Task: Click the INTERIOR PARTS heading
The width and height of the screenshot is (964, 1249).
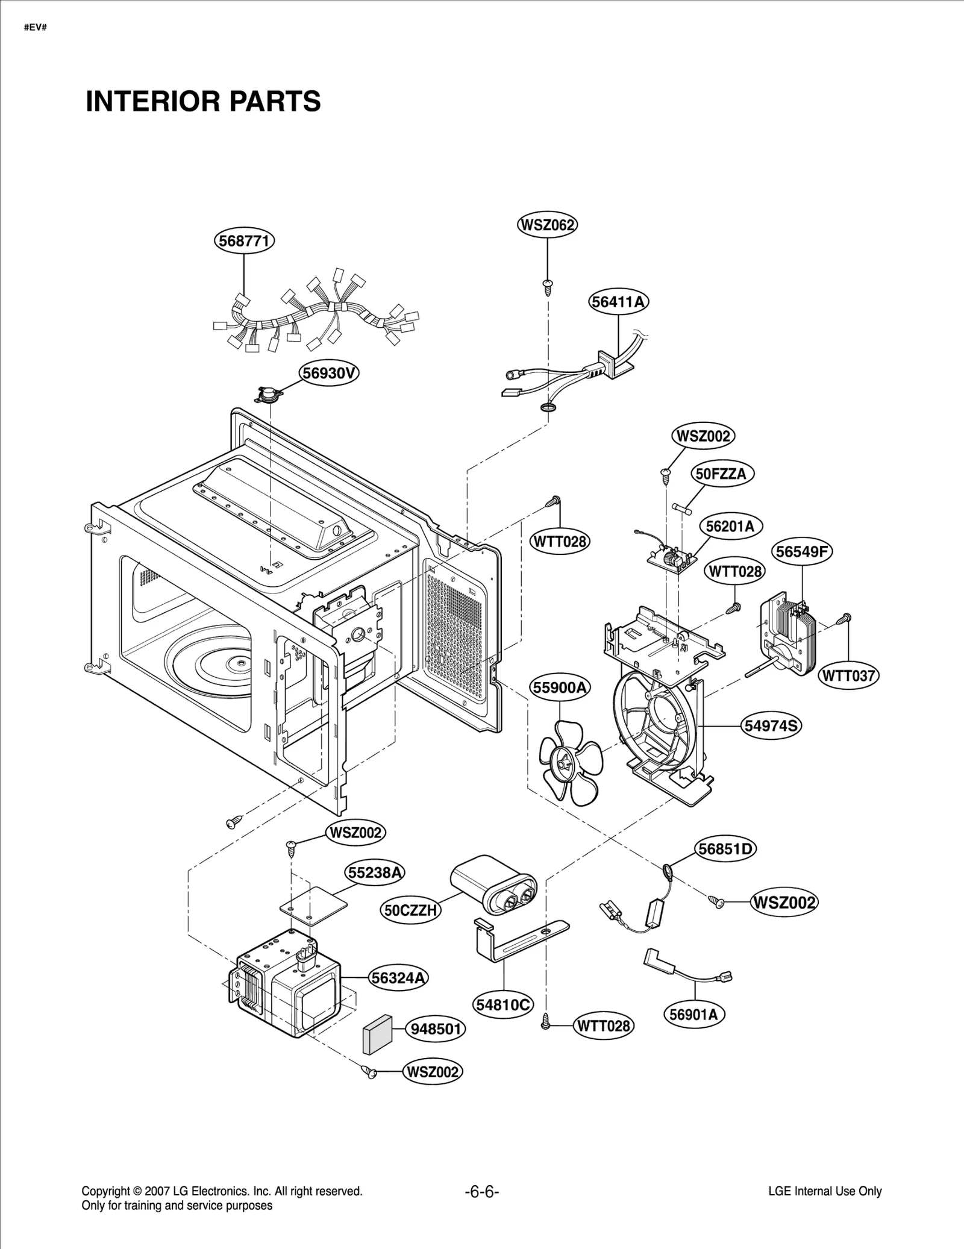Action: coord(203,101)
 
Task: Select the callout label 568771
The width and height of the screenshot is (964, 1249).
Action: coord(244,241)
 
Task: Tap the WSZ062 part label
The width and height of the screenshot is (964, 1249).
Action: coord(547,225)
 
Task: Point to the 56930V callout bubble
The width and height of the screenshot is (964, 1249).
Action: coord(329,374)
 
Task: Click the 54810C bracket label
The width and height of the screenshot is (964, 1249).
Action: coord(503,1004)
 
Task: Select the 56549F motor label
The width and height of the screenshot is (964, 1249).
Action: coord(803,551)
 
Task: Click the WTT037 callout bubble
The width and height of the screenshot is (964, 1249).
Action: coord(849,676)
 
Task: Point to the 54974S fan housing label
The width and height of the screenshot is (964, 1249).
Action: coord(771,726)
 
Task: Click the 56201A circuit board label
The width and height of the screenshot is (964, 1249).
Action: coord(730,526)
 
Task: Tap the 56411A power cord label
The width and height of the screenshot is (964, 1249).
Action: coord(619,302)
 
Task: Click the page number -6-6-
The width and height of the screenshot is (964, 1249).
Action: coord(482,1192)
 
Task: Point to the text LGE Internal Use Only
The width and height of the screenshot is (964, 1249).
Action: coord(825,1191)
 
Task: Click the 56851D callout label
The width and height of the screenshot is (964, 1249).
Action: coord(726,849)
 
